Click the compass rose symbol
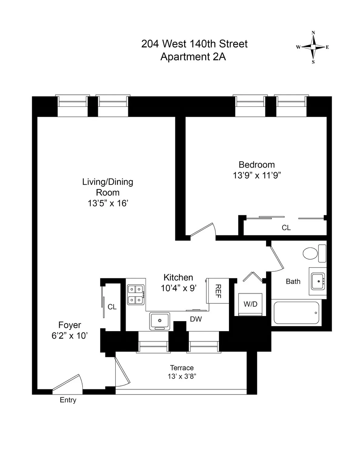pos(313,47)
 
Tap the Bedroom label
pos(257,165)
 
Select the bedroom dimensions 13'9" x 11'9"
pos(257,176)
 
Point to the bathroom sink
pos(318,281)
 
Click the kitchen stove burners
pos(136,294)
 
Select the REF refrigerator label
pos(217,291)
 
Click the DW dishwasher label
pos(196,319)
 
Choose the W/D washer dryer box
pos(250,304)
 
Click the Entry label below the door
pos(68,400)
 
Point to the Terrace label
pos(182,368)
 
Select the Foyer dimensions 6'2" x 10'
pos(70,336)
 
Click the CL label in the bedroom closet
pos(286,228)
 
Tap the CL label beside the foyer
pos(112,307)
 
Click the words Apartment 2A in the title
pos(193,57)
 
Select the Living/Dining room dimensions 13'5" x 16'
pos(108,203)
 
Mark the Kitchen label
pos(178,278)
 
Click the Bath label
pos(293,281)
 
